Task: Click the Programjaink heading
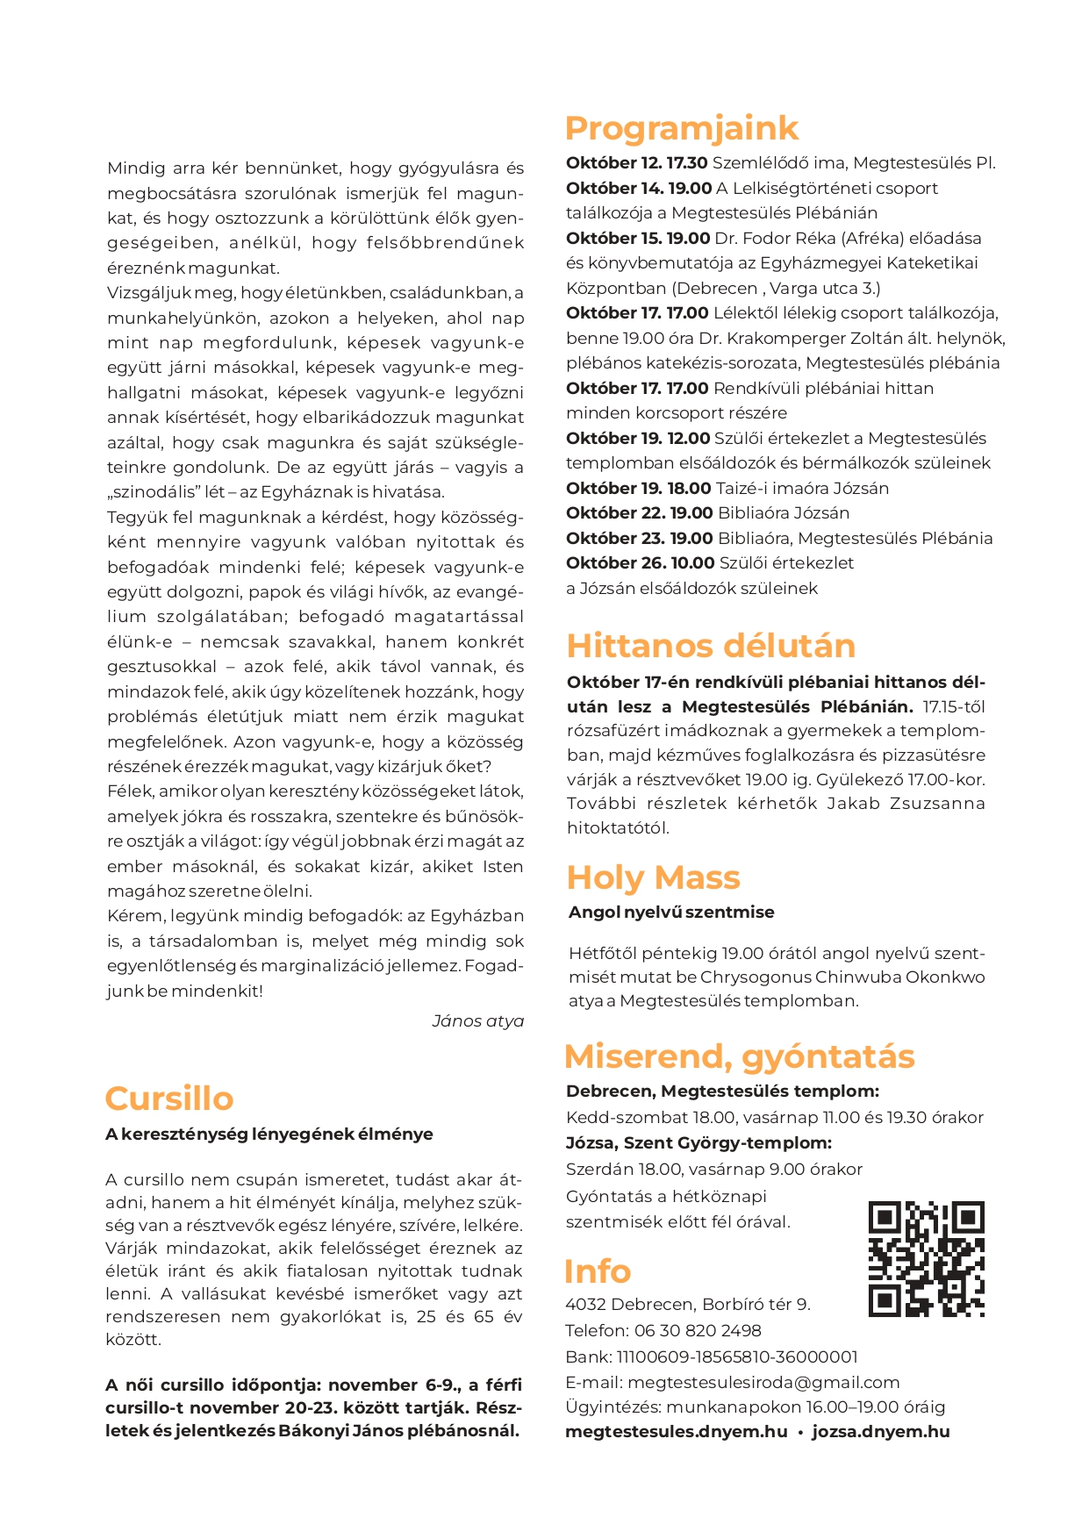(681, 128)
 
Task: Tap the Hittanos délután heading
(711, 646)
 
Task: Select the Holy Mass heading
(653, 877)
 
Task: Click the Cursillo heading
(169, 1099)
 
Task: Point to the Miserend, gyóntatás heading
(739, 1056)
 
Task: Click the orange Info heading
(598, 1271)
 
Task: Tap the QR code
(926, 1259)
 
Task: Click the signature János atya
(477, 1021)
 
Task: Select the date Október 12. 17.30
(636, 163)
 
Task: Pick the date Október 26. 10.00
(640, 563)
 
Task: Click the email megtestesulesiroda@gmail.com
(763, 1382)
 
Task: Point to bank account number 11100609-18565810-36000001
(737, 1356)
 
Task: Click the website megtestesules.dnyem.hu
(676, 1432)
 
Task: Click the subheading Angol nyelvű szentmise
(671, 913)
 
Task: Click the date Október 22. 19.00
(639, 513)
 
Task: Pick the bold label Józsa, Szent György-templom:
(699, 1143)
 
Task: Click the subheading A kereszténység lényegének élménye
(269, 1135)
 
